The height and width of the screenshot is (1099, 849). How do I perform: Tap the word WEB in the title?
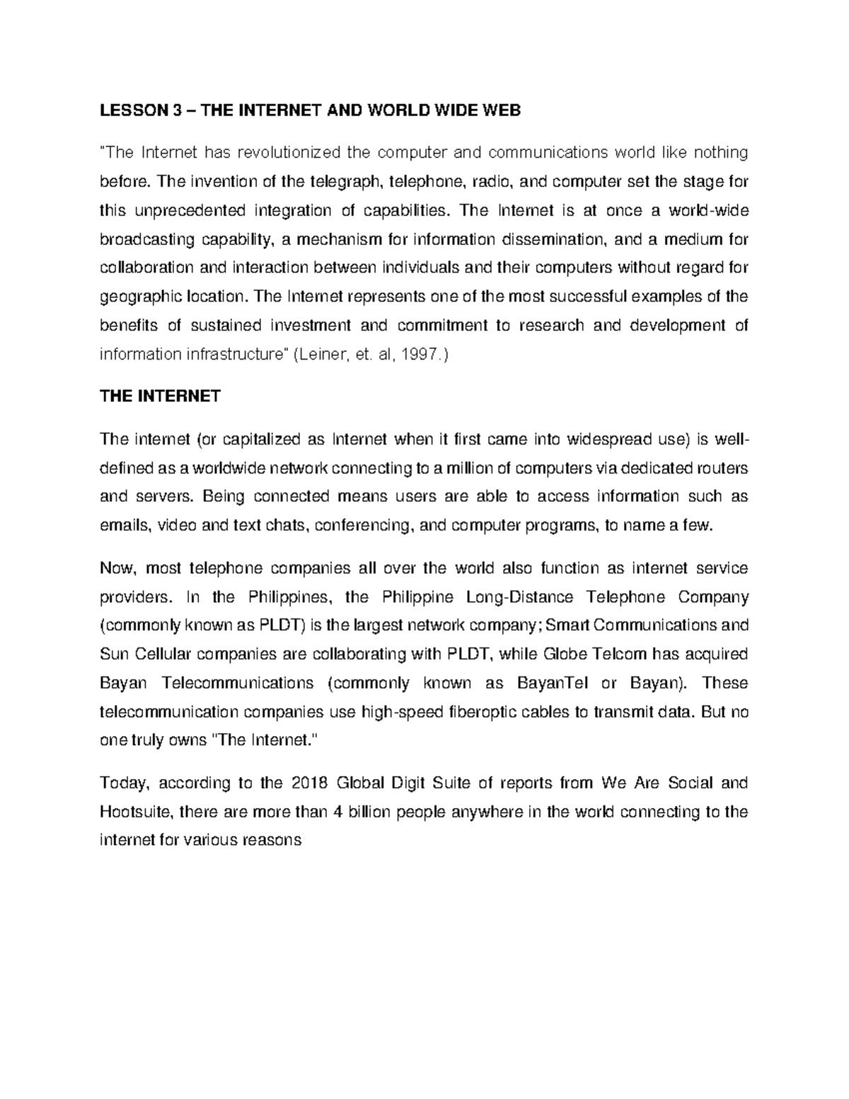[500, 110]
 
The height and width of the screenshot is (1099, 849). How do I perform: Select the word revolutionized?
[287, 152]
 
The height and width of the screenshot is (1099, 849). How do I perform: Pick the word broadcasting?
[147, 239]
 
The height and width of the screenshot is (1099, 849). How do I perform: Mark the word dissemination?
[553, 239]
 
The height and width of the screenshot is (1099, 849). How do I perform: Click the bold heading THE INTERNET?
[161, 396]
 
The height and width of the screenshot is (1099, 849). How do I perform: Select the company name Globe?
[562, 654]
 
